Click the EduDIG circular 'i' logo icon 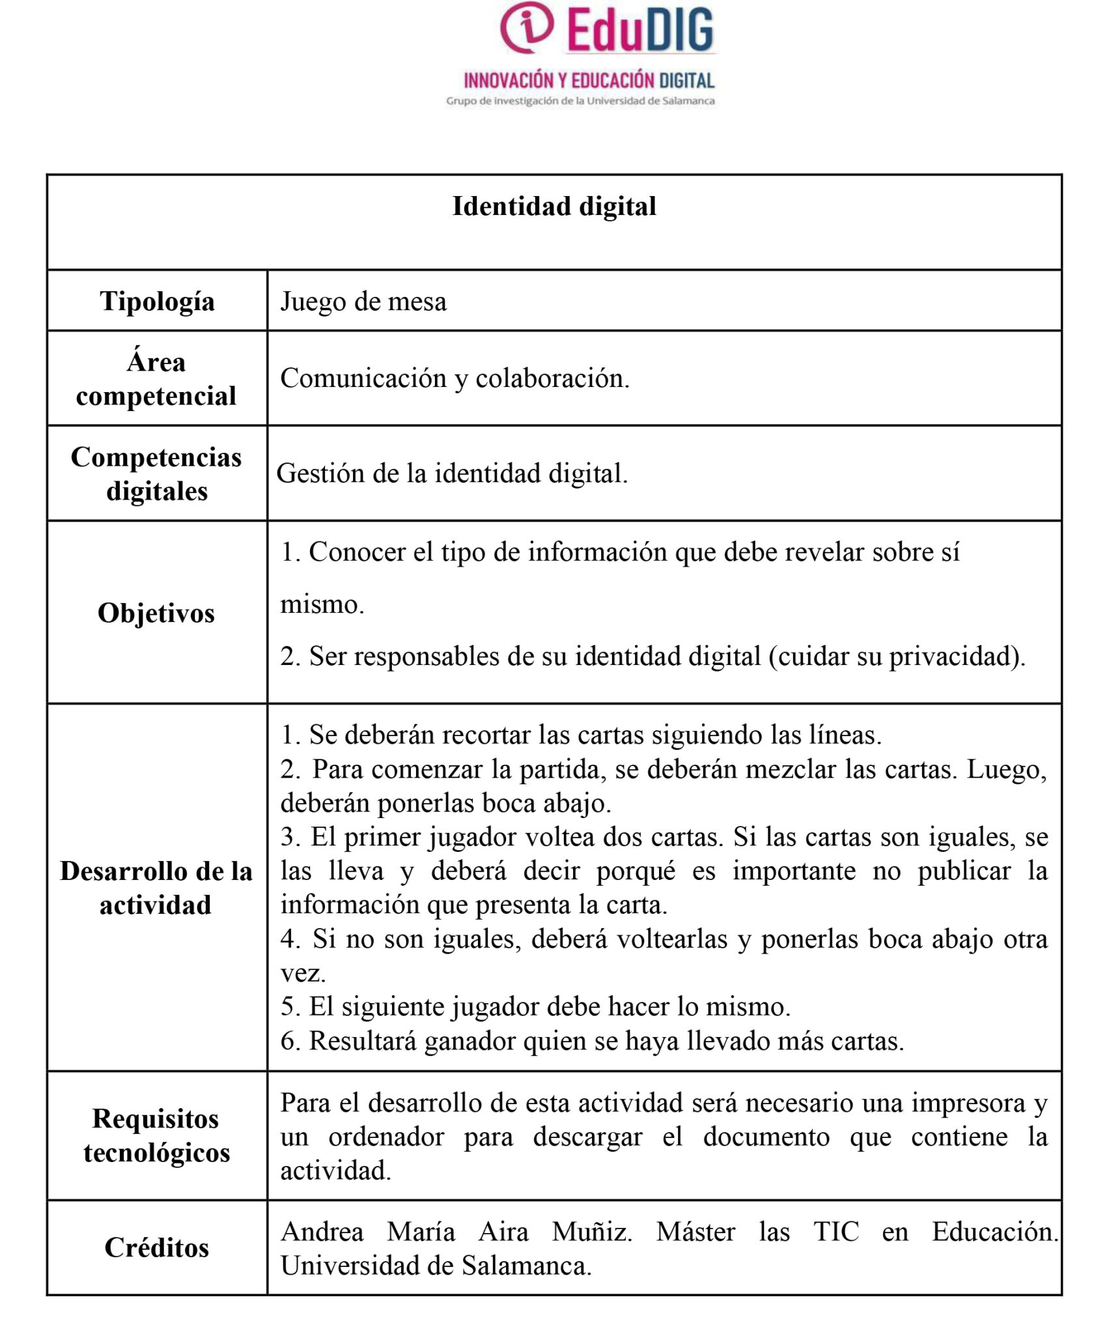tap(526, 27)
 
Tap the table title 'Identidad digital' tap(554, 206)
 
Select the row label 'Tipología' tap(157, 302)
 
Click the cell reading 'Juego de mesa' tap(363, 302)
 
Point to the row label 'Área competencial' tap(156, 379)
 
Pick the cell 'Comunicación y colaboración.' tap(455, 378)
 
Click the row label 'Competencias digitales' tap(156, 474)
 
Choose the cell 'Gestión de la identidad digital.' tap(452, 474)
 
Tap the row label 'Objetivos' tap(156, 614)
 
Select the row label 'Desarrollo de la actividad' tap(156, 888)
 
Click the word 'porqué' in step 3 tap(636, 872)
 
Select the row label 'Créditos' tap(157, 1248)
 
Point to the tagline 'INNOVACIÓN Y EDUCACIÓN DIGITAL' tap(589, 81)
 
